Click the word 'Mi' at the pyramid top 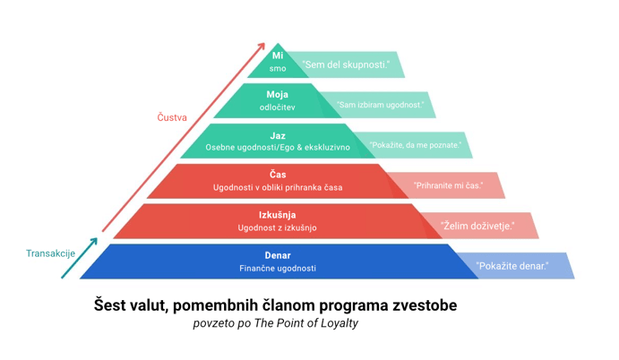[x=278, y=56]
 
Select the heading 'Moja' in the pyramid [x=278, y=94]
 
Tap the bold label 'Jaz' [x=278, y=135]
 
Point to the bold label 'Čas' [x=278, y=175]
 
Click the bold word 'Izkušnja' [x=278, y=215]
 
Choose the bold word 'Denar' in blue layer [x=278, y=255]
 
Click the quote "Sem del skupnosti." [x=346, y=65]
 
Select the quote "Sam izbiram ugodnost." [x=381, y=105]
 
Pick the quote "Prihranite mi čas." [x=448, y=185]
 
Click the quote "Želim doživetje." [x=478, y=226]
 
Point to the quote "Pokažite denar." [x=512, y=266]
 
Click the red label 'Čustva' [x=172, y=117]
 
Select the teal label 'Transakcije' [x=50, y=253]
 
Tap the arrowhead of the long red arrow [x=262, y=47]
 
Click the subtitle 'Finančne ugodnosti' [x=278, y=268]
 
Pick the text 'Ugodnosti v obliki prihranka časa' [x=278, y=187]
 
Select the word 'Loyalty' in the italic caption [x=336, y=323]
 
